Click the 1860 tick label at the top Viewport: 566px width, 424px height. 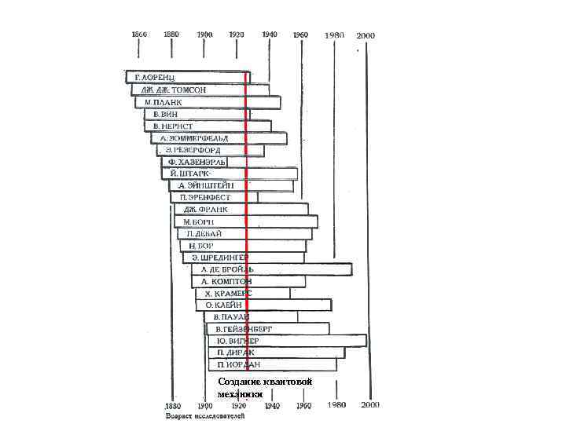139,35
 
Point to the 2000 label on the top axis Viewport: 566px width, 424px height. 366,36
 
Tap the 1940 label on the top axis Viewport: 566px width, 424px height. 269,35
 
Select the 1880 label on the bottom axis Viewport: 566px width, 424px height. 172,405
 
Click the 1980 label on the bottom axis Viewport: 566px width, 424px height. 336,405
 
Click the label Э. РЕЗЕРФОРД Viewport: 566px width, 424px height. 193,150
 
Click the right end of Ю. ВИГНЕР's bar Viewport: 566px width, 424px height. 366,341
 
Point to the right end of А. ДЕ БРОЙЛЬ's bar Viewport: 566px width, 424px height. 351,269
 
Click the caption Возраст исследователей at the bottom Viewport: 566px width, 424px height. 205,417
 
